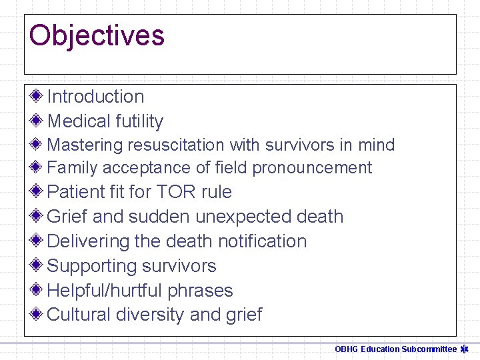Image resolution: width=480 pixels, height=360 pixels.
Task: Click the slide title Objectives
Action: coord(97,35)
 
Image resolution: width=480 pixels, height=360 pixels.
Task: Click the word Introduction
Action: coord(95,97)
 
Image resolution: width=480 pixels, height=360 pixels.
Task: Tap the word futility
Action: coord(139,121)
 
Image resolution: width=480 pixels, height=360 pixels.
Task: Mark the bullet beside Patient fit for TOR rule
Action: coord(37,191)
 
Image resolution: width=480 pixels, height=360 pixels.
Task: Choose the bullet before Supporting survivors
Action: coord(37,265)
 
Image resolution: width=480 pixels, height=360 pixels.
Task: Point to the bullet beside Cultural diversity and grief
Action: coord(37,314)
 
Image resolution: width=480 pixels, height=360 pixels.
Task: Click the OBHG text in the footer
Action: coord(347,349)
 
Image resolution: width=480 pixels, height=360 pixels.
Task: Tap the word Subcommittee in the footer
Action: coord(429,349)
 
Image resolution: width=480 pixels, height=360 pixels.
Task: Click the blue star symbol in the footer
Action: coord(465,349)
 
